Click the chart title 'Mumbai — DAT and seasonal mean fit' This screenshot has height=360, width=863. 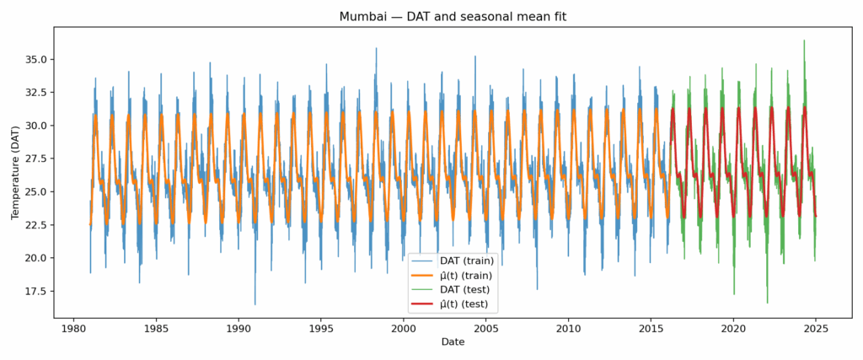pyautogui.click(x=452, y=17)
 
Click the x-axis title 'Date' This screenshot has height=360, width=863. pyautogui.click(x=452, y=342)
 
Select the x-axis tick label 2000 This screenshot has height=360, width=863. pyautogui.click(x=404, y=328)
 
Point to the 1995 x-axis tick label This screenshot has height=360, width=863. pyautogui.click(x=321, y=328)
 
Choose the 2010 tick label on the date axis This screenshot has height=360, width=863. pyautogui.click(x=569, y=328)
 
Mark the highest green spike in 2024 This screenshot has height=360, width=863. pyautogui.click(x=804, y=40)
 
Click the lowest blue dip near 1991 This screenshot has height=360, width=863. pyautogui.click(x=255, y=304)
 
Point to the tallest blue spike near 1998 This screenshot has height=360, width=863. pyautogui.click(x=377, y=48)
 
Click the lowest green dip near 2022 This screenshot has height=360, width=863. pyautogui.click(x=767, y=302)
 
